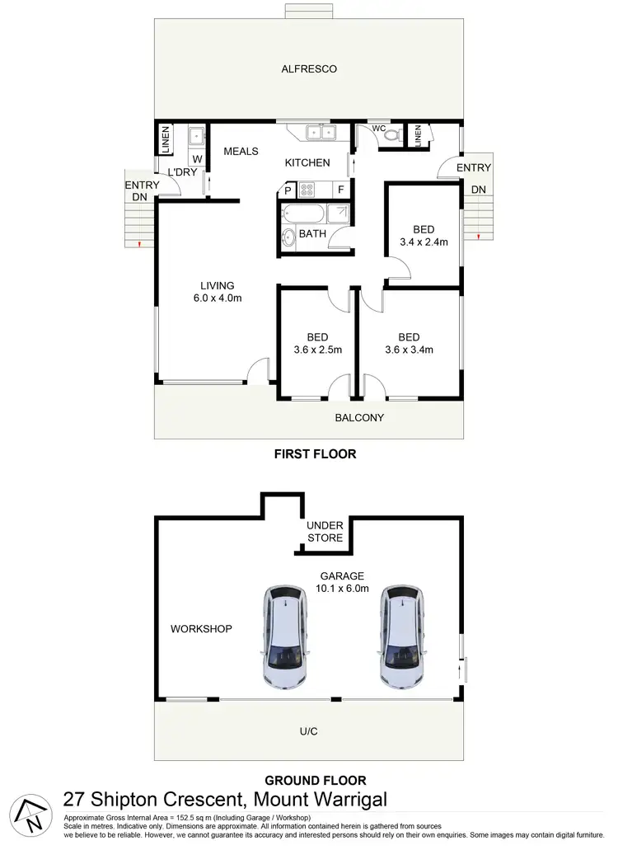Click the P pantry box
pos(288,190)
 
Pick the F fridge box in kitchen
pos(339,190)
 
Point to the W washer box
pos(198,159)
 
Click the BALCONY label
pos(359,418)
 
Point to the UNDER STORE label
pos(325,532)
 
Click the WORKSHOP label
pos(201,629)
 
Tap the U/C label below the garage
pos(310,730)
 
